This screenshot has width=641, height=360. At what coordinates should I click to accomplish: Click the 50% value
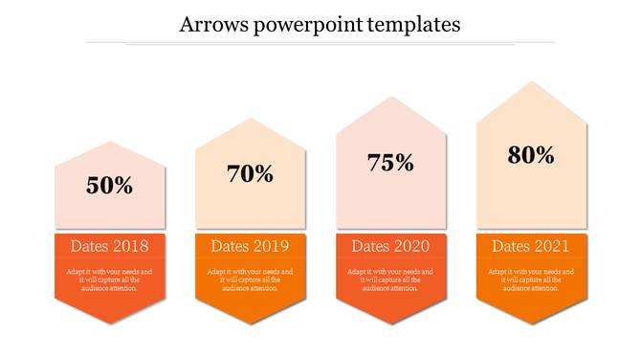point(110,186)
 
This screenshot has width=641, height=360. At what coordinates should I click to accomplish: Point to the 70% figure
point(251,174)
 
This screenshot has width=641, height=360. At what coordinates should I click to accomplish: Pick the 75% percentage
point(390,163)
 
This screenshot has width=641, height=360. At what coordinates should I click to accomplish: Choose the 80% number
point(531,154)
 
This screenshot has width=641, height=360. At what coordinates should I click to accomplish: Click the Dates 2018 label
point(110,246)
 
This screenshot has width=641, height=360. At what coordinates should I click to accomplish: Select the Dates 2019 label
point(251,246)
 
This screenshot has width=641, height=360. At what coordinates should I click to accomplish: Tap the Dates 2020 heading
point(390,246)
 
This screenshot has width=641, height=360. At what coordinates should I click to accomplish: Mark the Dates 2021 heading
point(531,246)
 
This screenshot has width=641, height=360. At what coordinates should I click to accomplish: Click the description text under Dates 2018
point(110,280)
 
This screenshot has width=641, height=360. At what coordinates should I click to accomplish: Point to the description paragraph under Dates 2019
point(251,280)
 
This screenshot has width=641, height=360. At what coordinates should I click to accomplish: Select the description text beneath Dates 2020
point(390,280)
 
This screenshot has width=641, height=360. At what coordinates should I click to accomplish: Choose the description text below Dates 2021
point(531,280)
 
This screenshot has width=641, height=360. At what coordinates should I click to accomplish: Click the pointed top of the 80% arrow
point(531,83)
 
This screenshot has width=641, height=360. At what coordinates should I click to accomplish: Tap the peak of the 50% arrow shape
point(110,143)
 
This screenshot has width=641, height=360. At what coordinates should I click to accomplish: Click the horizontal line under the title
point(341,43)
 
